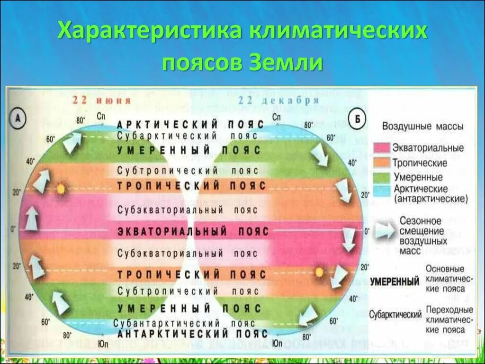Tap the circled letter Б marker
357,119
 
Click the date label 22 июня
101,101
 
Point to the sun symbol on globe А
61,189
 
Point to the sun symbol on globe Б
319,272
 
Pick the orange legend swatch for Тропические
382,163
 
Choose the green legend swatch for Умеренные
382,177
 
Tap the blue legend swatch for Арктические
382,191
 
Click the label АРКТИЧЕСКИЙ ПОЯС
189,124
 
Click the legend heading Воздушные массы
422,127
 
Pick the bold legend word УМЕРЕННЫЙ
394,282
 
